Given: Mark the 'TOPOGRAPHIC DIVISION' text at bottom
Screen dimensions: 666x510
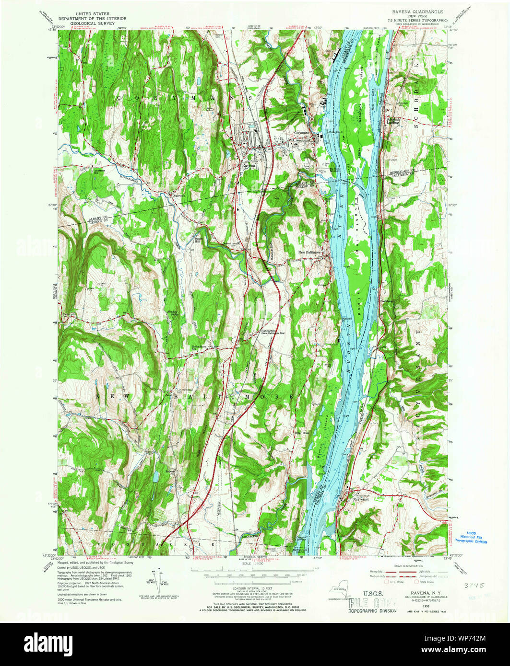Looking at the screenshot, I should (372, 611).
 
